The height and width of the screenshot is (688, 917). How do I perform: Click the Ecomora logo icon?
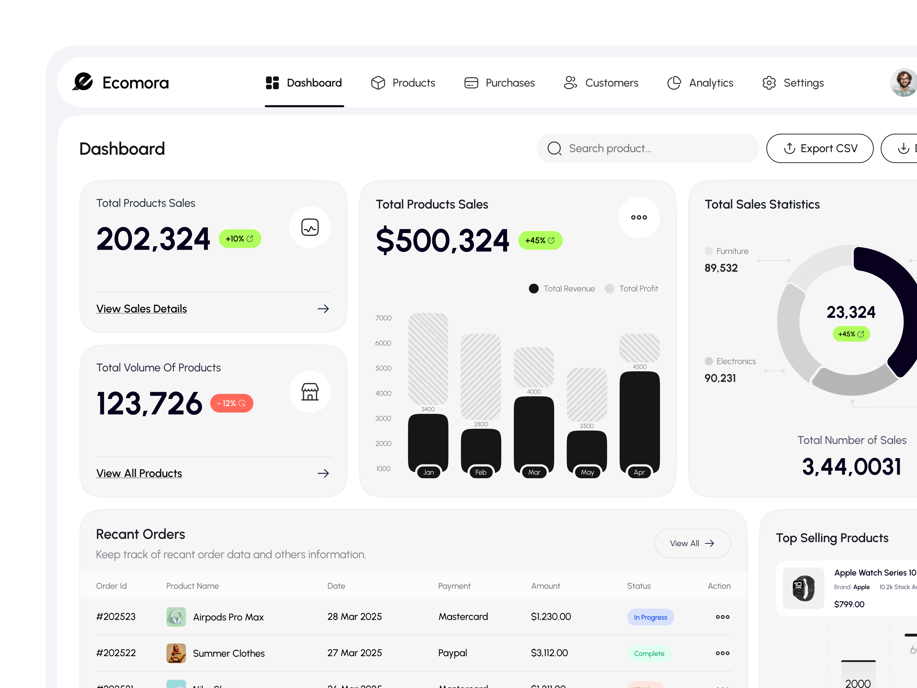83,82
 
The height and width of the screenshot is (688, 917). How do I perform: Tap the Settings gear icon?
769,83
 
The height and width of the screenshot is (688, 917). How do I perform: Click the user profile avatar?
904,83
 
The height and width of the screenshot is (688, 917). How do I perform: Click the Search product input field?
647,148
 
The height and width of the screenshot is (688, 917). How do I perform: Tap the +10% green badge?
240,239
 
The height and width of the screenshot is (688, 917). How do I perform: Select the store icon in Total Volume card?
310,392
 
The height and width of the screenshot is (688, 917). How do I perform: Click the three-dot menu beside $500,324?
639,217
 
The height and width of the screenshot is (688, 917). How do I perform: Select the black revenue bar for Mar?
534,431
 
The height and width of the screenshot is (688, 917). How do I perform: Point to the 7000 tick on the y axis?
383,318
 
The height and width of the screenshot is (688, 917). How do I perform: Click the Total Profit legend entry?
632,289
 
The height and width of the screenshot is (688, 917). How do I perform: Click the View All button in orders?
692,543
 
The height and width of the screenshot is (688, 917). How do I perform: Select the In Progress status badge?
650,617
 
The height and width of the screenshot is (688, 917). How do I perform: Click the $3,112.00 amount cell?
549,653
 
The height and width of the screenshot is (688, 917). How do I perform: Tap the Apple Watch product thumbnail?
803,588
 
